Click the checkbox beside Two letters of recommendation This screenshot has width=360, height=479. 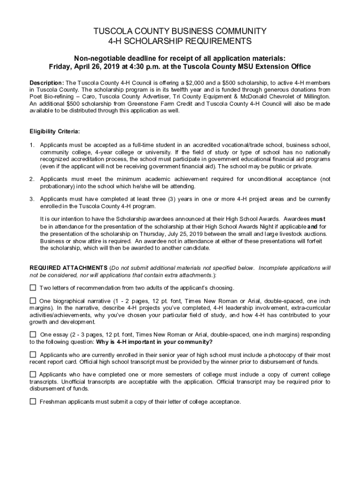[x=33, y=287]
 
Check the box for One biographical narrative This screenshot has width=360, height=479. [x=33, y=300]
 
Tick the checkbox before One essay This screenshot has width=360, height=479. [x=33, y=334]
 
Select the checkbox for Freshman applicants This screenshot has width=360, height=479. [x=33, y=401]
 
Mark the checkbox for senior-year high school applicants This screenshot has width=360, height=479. [x=33, y=355]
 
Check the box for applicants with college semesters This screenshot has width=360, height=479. [x=33, y=374]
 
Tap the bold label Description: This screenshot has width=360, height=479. [x=47, y=83]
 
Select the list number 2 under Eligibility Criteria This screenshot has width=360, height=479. [x=32, y=179]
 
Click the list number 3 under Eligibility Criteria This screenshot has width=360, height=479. [x=32, y=199]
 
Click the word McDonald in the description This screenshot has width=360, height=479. [x=256, y=96]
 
